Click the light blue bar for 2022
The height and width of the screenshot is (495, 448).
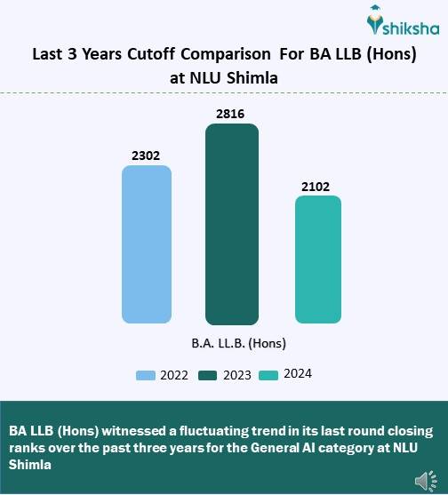coord(147,244)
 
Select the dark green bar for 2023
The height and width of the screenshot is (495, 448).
coord(232,224)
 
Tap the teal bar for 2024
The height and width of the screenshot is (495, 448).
coord(318,259)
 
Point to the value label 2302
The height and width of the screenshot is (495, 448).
coord(147,156)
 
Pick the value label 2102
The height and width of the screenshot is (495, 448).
coord(317,186)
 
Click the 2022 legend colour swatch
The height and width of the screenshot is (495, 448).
coord(146,375)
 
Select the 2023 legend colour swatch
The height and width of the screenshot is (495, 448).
coord(207,375)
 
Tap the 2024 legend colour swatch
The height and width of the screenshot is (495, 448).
coord(268,375)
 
